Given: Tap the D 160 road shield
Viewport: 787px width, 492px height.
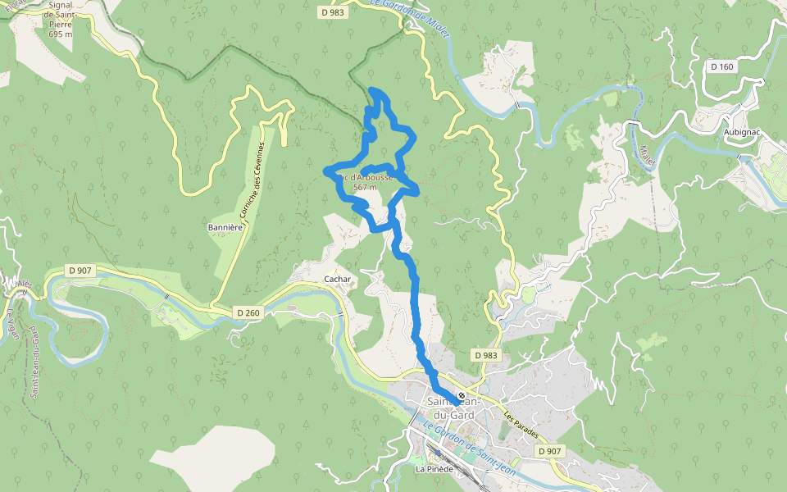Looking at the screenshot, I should [722, 66].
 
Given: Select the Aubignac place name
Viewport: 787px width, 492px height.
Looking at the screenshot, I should [743, 131].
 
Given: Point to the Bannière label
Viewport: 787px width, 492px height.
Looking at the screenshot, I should [225, 226].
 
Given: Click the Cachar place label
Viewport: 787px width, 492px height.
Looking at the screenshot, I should [338, 280].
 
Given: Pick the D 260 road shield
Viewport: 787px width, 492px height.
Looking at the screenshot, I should [248, 312].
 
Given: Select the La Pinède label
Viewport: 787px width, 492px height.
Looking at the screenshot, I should [433, 469].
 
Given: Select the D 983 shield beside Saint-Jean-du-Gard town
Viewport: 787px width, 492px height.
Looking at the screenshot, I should [486, 355].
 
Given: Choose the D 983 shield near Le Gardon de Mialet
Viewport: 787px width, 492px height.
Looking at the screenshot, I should [332, 12].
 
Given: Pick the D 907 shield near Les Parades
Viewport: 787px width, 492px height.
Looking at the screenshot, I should [550, 451].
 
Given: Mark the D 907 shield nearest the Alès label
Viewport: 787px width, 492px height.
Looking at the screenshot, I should [80, 270].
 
